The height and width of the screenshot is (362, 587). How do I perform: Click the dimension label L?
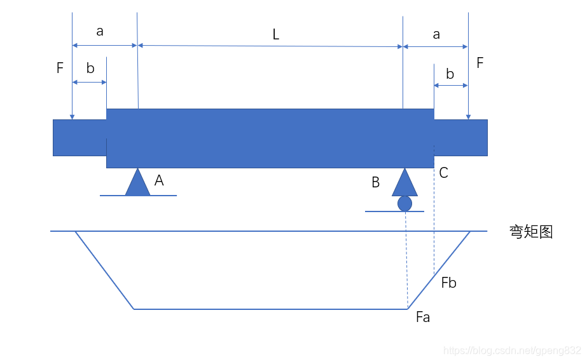coord(275,35)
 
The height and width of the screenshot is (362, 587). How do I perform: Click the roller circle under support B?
coord(404,203)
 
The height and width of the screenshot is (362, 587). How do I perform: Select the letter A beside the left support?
coord(159,181)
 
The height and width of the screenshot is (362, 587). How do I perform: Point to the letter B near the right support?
coord(375,183)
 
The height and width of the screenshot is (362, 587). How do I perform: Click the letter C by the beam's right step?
coord(444,173)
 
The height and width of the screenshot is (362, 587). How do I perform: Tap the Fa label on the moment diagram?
coord(423,318)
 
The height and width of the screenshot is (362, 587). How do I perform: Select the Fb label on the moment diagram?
coord(449,283)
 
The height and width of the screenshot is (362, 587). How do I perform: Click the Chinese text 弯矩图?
coord(531,232)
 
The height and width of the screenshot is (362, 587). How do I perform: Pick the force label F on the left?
coord(60,68)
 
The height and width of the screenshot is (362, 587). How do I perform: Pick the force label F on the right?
coord(480,63)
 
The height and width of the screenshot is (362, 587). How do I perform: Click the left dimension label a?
coord(100,32)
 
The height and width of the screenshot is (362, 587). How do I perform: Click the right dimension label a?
coord(436,34)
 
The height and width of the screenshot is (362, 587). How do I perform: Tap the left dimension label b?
coord(90,69)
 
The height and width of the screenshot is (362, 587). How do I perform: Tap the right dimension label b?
coord(450,74)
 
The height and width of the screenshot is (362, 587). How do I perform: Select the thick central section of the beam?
coord(270,138)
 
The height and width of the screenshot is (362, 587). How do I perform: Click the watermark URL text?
coord(512,350)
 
